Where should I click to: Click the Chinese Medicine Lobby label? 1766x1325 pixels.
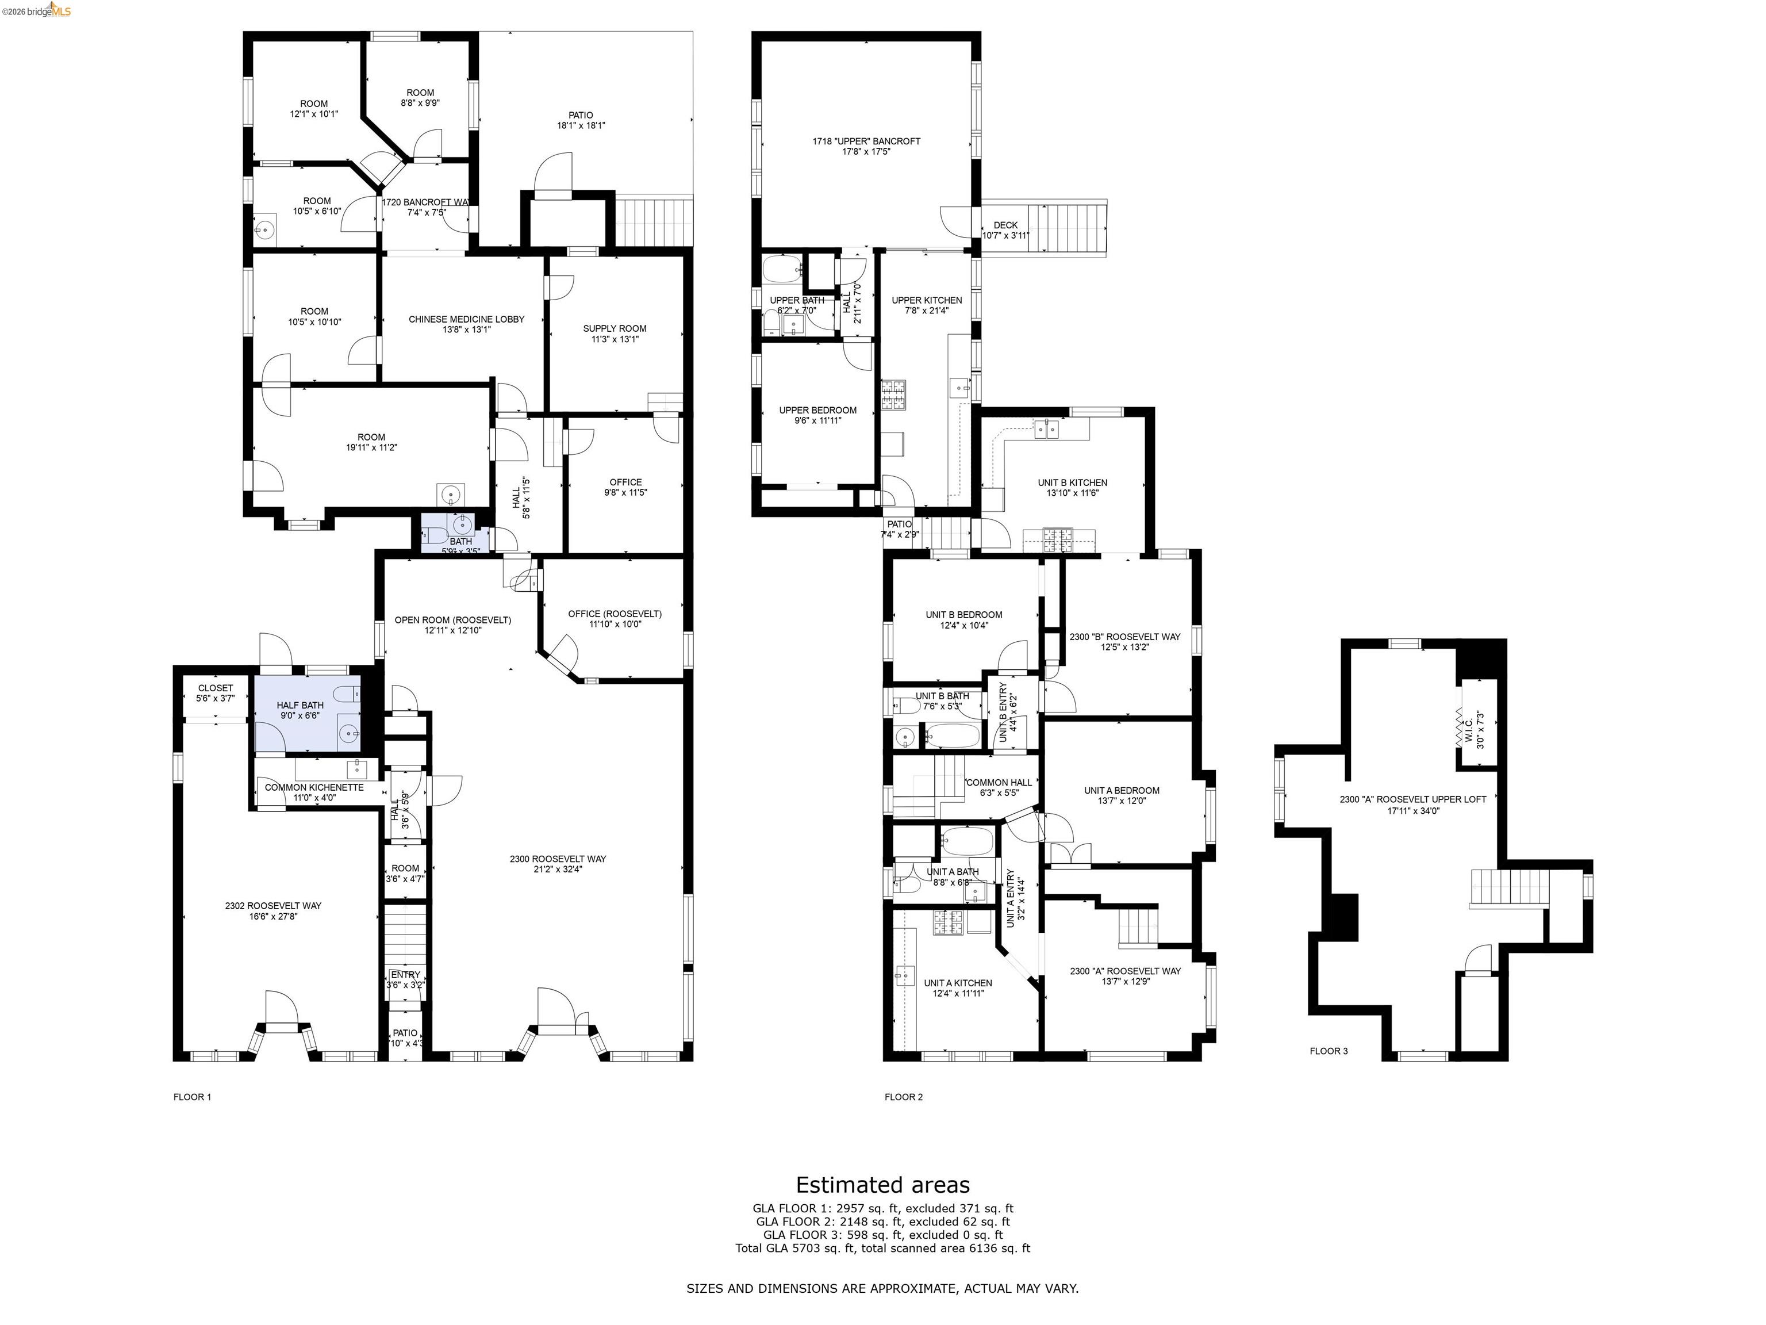pos(466,323)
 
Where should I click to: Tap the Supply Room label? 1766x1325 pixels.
pos(614,333)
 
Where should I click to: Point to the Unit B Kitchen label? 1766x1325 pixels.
pos(1072,487)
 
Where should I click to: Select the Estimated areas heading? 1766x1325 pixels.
pos(882,1185)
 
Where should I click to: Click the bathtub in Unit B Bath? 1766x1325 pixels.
pos(951,735)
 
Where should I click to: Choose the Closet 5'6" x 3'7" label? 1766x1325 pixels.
pos(215,692)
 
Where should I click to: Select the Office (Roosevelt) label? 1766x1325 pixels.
pos(614,618)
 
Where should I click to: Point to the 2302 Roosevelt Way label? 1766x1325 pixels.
pos(273,910)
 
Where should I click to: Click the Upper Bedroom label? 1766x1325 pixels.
pos(817,415)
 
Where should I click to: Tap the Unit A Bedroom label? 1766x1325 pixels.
pos(1121,795)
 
